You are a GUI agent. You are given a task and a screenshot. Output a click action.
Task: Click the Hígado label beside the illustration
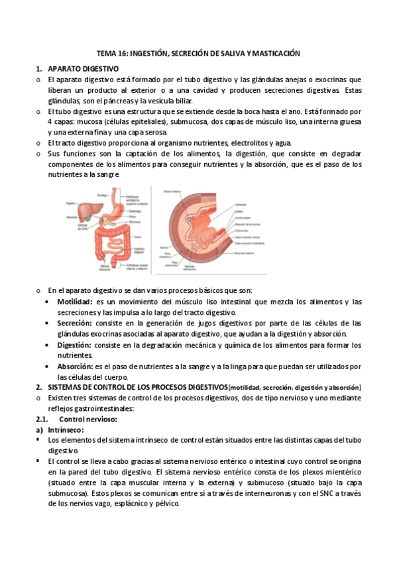(71, 203)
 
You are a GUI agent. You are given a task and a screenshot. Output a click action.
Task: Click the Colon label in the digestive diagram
(137, 236)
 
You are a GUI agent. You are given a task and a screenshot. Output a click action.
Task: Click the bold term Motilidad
(75, 302)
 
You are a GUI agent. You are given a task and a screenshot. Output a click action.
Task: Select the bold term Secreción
(74, 323)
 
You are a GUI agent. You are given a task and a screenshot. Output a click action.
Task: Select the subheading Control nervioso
(88, 419)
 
